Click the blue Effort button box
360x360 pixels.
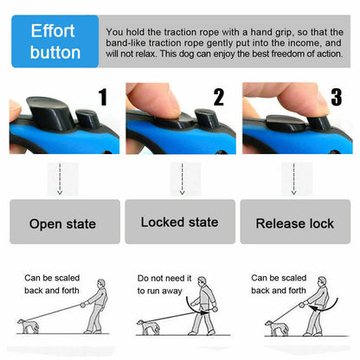point(54,41)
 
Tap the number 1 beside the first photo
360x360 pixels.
point(103,97)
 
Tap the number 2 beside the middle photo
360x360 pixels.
point(218,97)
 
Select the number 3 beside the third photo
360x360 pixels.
point(335,97)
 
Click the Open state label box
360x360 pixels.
point(62,222)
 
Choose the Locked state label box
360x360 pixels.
point(179,222)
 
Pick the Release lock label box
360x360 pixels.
point(295,222)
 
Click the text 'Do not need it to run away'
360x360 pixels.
point(161,284)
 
